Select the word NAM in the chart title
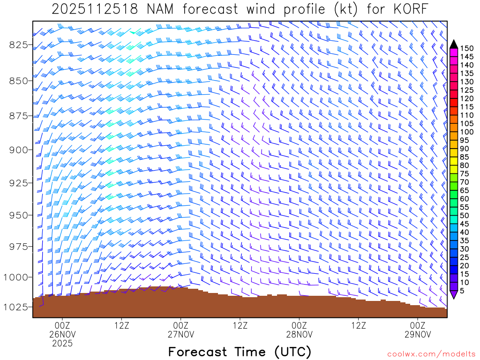[158, 9]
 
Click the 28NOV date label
[299, 335]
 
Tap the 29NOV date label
[418, 335]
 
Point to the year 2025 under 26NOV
[62, 344]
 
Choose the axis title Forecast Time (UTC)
[240, 352]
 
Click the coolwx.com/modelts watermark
[431, 354]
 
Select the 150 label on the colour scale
[467, 48]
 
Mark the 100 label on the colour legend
[467, 132]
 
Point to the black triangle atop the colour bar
[454, 44]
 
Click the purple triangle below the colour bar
[454, 295]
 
